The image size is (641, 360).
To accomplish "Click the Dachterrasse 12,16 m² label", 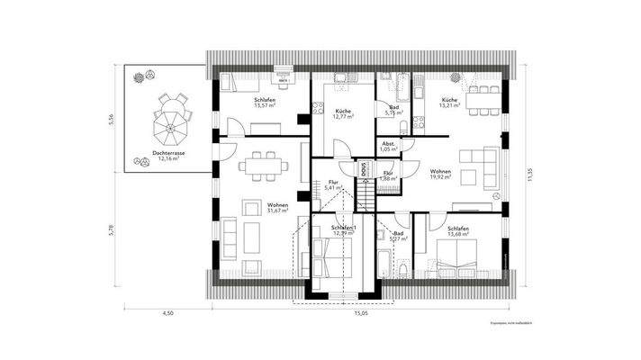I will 168,157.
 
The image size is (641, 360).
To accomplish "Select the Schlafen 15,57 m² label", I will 265,103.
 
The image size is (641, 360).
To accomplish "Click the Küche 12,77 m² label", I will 341,112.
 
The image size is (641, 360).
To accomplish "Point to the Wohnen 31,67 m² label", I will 277,208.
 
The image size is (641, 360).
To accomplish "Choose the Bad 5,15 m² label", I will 393,110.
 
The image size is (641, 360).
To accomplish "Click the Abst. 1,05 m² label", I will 388,146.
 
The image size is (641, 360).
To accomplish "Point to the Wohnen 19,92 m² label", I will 440,174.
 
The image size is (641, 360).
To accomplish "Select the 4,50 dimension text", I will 167,315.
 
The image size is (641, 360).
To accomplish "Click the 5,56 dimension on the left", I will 111,121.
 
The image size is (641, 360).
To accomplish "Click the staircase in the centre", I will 365,194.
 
